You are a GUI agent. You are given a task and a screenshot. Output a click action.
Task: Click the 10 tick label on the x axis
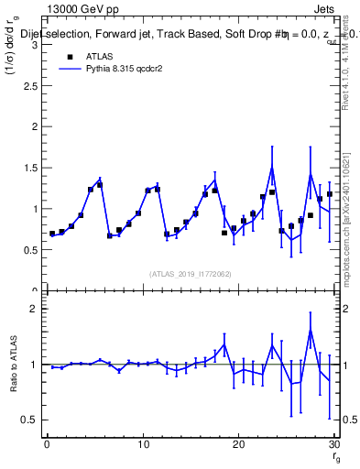pos(142,443)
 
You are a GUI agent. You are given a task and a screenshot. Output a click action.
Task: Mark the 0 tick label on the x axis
pos(47,443)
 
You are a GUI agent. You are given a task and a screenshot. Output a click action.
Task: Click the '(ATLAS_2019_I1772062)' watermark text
pos(190,273)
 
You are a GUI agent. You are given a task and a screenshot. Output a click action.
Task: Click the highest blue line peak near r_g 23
pos(272,168)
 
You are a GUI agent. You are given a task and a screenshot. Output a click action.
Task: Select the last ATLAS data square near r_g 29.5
pos(329,194)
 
